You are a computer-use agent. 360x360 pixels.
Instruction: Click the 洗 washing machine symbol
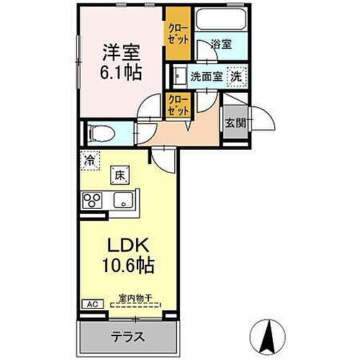[x=235, y=76]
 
